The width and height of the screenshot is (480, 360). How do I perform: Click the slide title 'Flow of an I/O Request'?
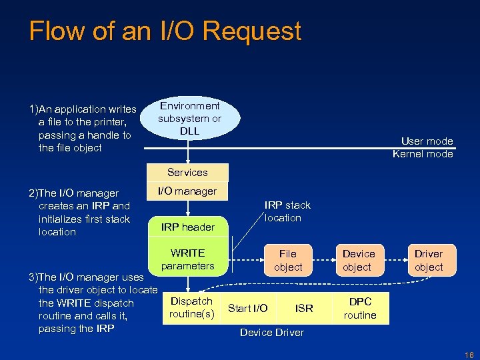click(165, 31)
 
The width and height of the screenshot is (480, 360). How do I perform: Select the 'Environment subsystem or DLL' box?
click(189, 118)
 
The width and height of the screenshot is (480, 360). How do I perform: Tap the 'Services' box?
click(187, 173)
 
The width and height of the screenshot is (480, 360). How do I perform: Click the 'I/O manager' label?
click(187, 191)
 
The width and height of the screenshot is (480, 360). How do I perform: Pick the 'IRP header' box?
click(188, 227)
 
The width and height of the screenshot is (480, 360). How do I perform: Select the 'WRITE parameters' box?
click(188, 259)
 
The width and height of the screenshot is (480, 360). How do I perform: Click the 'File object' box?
click(288, 260)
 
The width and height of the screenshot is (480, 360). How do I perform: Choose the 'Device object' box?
click(359, 260)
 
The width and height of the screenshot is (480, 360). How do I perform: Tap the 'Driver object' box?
click(428, 260)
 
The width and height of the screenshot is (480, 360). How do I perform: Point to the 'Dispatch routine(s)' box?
click(191, 307)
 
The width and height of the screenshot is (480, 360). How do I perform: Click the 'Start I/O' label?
click(248, 308)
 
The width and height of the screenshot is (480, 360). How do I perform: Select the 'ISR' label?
click(304, 308)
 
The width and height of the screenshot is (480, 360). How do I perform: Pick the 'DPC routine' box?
click(360, 308)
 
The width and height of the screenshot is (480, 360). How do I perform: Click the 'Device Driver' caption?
click(271, 332)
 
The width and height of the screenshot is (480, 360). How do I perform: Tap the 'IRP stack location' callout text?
click(287, 211)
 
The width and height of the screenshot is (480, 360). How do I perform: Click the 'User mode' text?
click(427, 141)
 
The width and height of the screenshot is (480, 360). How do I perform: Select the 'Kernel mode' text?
click(423, 154)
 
